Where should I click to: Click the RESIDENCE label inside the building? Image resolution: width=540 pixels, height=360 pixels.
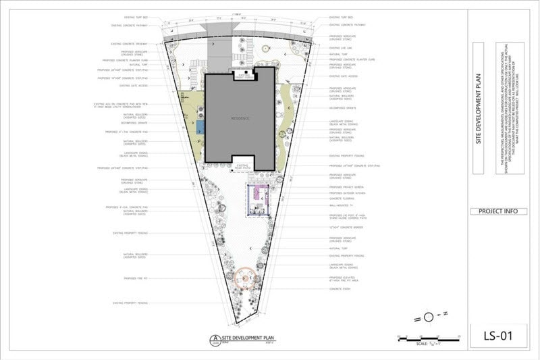pyautogui.click(x=240, y=118)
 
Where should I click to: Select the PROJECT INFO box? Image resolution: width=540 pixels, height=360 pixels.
pyautogui.click(x=498, y=211)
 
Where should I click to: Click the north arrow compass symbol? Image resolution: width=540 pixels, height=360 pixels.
pyautogui.click(x=429, y=317)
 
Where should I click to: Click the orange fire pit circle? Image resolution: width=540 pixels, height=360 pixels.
pyautogui.click(x=245, y=277)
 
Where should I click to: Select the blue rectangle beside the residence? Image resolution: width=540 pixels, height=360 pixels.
pyautogui.click(x=200, y=126)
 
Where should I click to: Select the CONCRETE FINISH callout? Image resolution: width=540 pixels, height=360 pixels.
pyautogui.click(x=340, y=289)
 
